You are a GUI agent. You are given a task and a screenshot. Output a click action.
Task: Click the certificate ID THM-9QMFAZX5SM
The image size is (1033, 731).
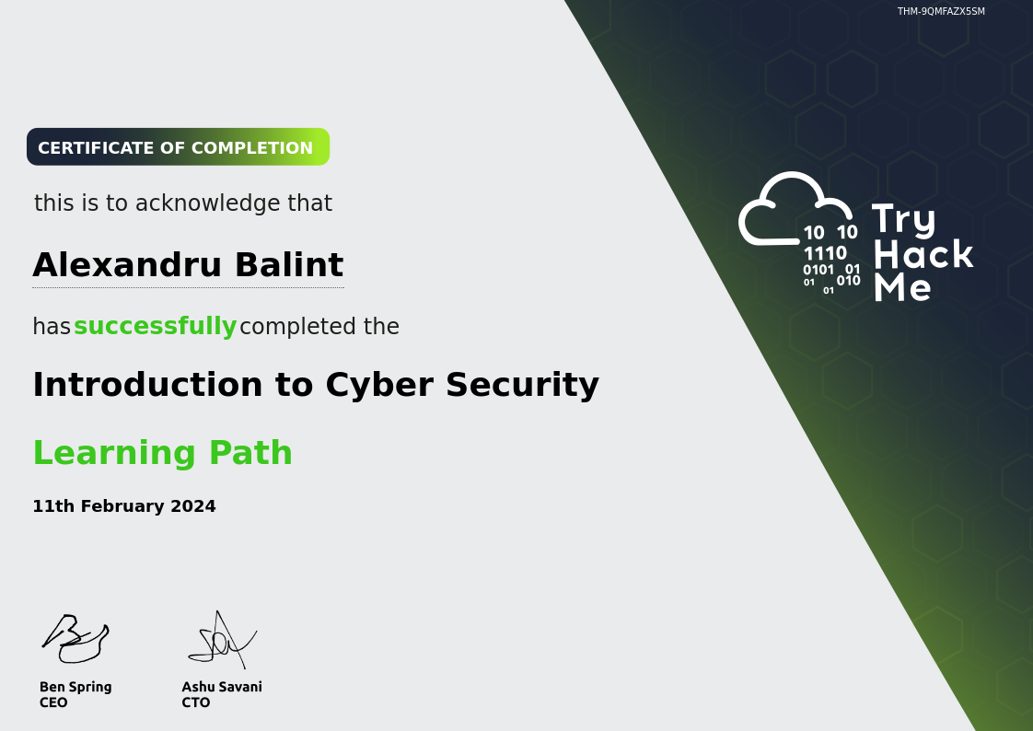[x=941, y=11]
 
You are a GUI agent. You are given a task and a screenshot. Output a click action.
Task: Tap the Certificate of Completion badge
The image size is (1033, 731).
[x=178, y=147]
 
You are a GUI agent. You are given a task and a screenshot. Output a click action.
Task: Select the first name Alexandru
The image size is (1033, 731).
[x=126, y=265]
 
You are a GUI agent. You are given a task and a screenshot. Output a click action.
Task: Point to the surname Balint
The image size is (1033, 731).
[x=288, y=265]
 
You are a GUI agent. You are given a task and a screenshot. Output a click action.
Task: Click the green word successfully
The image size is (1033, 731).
[x=155, y=326]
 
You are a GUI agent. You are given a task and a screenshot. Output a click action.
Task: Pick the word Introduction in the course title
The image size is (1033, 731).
[x=147, y=385]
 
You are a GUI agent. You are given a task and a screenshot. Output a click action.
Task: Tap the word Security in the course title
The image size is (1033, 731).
[x=522, y=385]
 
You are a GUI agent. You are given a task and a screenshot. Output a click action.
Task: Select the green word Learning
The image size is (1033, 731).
[x=114, y=453]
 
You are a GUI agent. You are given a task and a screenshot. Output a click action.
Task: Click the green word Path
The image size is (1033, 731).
[x=250, y=452]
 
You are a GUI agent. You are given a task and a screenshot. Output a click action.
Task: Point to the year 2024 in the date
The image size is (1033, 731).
[x=193, y=506]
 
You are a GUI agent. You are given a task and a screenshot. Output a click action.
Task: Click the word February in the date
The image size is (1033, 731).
[x=122, y=506]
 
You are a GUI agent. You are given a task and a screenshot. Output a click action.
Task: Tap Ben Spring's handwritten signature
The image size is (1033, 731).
[x=75, y=639]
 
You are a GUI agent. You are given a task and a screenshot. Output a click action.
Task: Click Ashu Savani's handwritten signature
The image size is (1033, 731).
[x=222, y=640]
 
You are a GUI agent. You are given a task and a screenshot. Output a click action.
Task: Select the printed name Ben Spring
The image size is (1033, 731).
[x=75, y=687]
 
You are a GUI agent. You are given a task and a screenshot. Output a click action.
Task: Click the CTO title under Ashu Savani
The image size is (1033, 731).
[x=196, y=702]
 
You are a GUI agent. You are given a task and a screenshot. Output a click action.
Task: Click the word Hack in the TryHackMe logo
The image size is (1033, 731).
[x=923, y=254]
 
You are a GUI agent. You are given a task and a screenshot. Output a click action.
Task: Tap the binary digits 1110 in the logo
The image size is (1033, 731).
[x=825, y=253]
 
